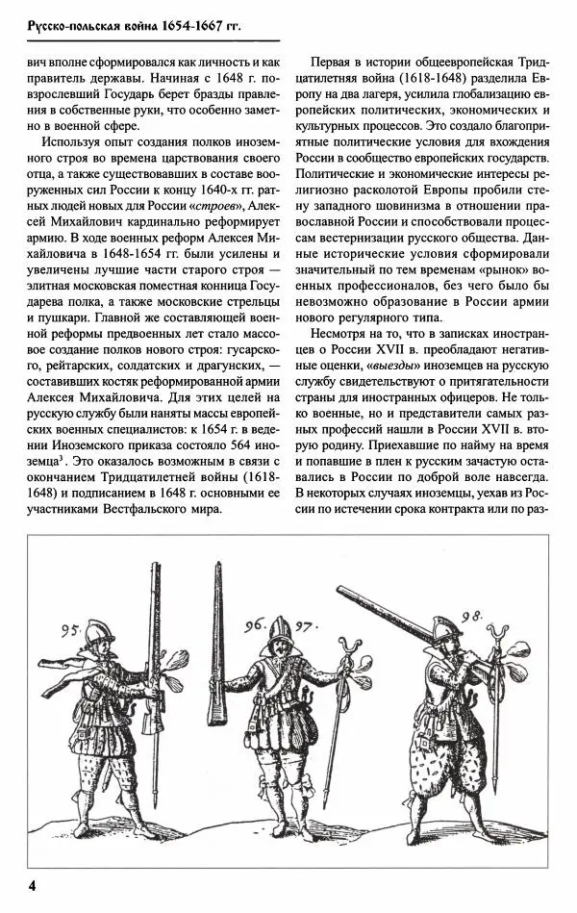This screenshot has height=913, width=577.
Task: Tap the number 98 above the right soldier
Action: click(471, 618)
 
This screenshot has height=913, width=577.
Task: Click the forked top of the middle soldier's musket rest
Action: click(343, 640)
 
